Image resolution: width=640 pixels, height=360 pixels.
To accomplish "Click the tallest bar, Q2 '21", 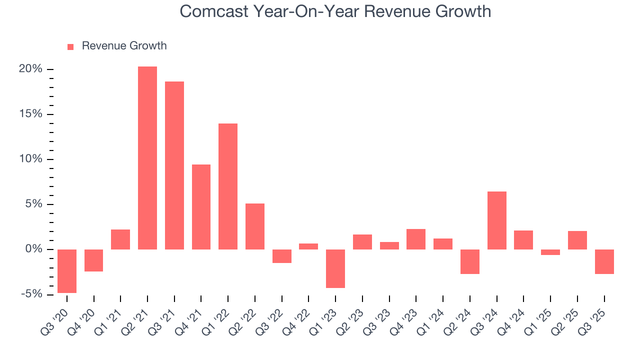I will pyautogui.click(x=147, y=158).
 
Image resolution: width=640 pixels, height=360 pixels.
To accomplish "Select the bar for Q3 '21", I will pyautogui.click(x=174, y=165).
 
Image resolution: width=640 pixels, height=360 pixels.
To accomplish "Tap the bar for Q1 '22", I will pyautogui.click(x=228, y=186).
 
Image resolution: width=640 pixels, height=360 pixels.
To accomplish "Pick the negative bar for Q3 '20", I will pyautogui.click(x=67, y=271).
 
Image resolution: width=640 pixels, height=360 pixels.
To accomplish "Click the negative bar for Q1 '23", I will pyautogui.click(x=335, y=268).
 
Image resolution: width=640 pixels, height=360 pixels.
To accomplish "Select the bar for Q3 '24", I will pyautogui.click(x=497, y=220).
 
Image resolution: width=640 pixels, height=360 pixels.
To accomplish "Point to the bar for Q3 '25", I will pyautogui.click(x=604, y=261).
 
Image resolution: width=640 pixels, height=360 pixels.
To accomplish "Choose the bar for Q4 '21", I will pyautogui.click(x=201, y=207).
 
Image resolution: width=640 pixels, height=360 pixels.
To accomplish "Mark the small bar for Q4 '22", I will pyautogui.click(x=308, y=246).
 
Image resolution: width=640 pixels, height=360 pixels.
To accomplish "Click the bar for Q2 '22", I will pyautogui.click(x=255, y=226).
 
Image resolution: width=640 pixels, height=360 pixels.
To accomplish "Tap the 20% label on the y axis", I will pyautogui.click(x=30, y=69).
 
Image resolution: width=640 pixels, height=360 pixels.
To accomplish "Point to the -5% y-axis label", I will pyautogui.click(x=30, y=294).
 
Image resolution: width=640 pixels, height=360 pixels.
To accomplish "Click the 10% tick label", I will pyautogui.click(x=30, y=159).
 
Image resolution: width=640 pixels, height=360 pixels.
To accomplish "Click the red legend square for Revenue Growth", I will pyautogui.click(x=70, y=46).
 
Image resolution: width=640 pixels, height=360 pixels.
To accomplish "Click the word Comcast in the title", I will pyautogui.click(x=213, y=11).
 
